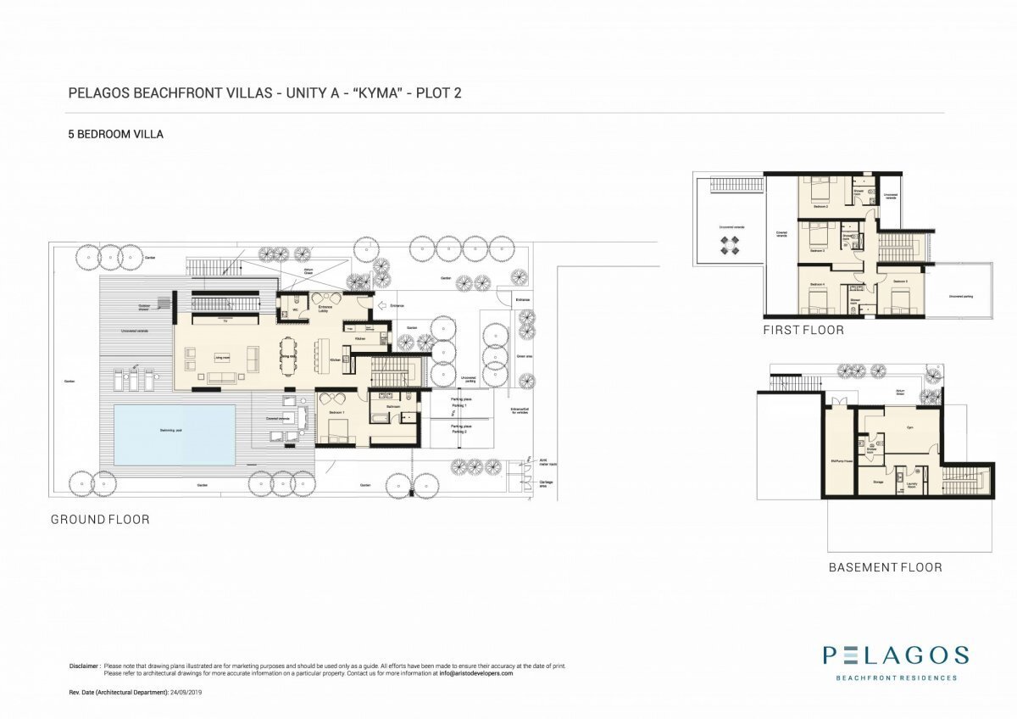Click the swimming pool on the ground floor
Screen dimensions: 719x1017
(x=175, y=434)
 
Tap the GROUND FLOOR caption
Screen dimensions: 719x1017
(x=100, y=519)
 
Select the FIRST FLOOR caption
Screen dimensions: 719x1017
(x=803, y=330)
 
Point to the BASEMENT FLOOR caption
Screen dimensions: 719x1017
(x=885, y=567)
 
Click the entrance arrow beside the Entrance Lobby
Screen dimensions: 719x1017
(x=382, y=305)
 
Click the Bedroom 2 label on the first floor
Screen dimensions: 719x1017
(x=820, y=206)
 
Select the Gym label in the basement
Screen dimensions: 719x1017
(x=909, y=427)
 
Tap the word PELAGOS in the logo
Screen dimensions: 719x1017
(x=896, y=655)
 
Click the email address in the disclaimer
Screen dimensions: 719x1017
(x=475, y=673)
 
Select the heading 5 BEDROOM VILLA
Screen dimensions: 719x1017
(x=115, y=134)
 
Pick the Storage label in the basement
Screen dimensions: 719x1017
(x=877, y=482)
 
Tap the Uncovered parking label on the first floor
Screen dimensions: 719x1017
(x=959, y=296)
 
